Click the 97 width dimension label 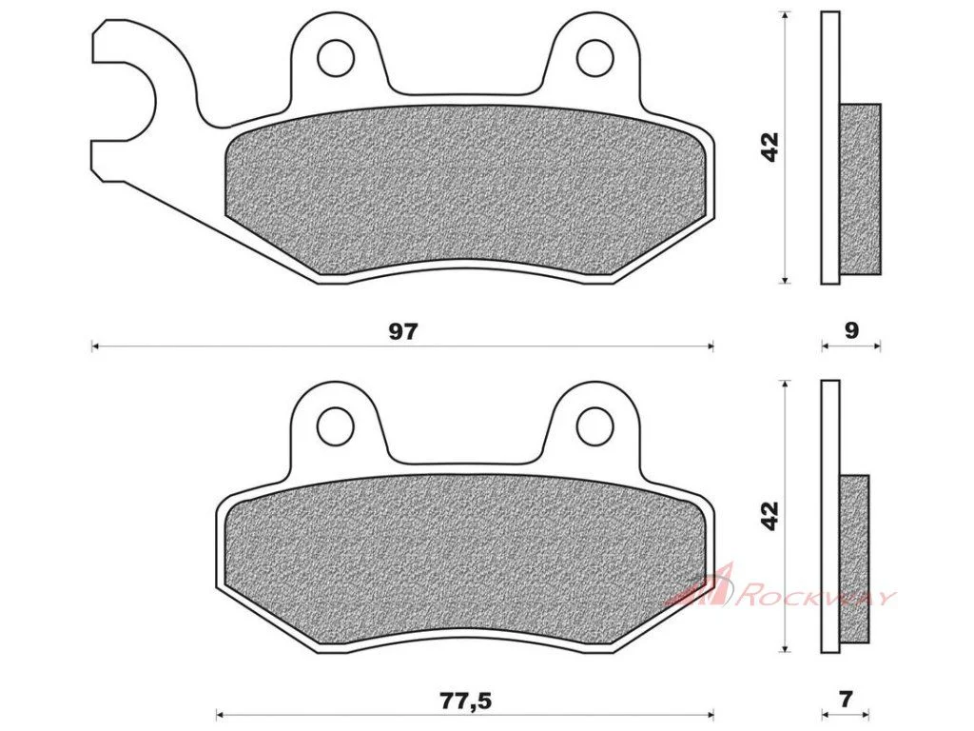(403, 331)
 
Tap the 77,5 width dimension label (466, 701)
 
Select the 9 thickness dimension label (851, 330)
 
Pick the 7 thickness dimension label (846, 700)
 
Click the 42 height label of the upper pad (769, 148)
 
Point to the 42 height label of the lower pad (769, 516)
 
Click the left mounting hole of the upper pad (336, 58)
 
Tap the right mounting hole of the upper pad (595, 58)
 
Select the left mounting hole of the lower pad (336, 425)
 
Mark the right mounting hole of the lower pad (595, 425)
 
